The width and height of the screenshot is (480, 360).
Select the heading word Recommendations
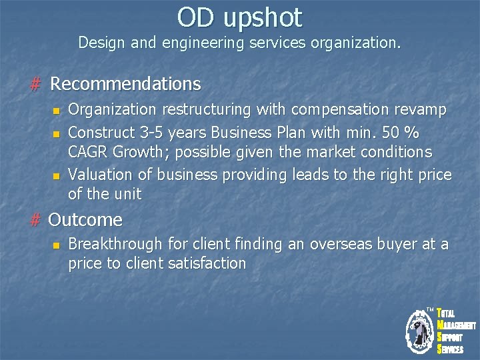(x=125, y=84)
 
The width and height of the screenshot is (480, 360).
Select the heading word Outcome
(x=86, y=219)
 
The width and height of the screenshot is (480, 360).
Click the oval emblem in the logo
(x=420, y=329)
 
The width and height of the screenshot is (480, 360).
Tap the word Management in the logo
(x=458, y=325)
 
